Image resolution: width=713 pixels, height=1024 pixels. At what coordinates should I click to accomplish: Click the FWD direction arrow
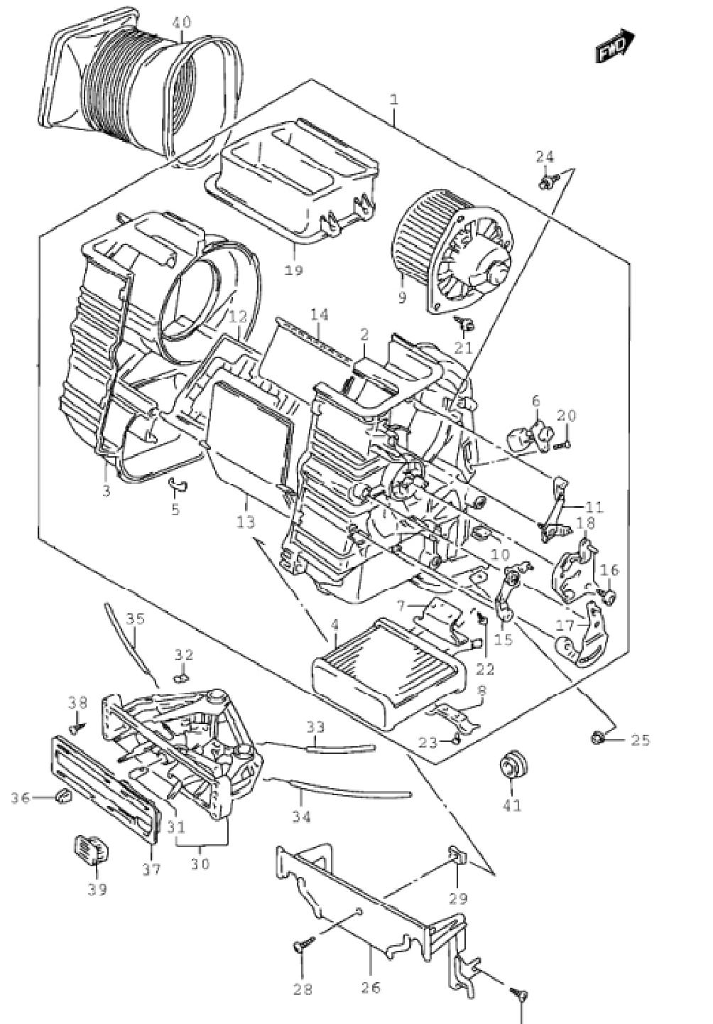615,46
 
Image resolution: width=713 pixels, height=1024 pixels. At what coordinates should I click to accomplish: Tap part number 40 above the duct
182,23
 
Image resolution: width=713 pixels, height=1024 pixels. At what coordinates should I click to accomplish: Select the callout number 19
293,270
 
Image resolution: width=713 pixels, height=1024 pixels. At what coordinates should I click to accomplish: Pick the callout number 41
511,819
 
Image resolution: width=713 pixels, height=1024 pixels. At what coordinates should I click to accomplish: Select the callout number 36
20,798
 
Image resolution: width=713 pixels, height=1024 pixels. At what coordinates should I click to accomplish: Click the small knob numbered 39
91,846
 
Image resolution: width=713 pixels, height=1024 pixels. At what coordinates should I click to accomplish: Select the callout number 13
246,521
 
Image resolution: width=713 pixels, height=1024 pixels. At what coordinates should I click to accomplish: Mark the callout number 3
106,490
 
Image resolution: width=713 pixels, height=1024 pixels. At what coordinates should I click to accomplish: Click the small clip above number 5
178,484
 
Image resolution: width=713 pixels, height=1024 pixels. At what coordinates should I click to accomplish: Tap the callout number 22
484,669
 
